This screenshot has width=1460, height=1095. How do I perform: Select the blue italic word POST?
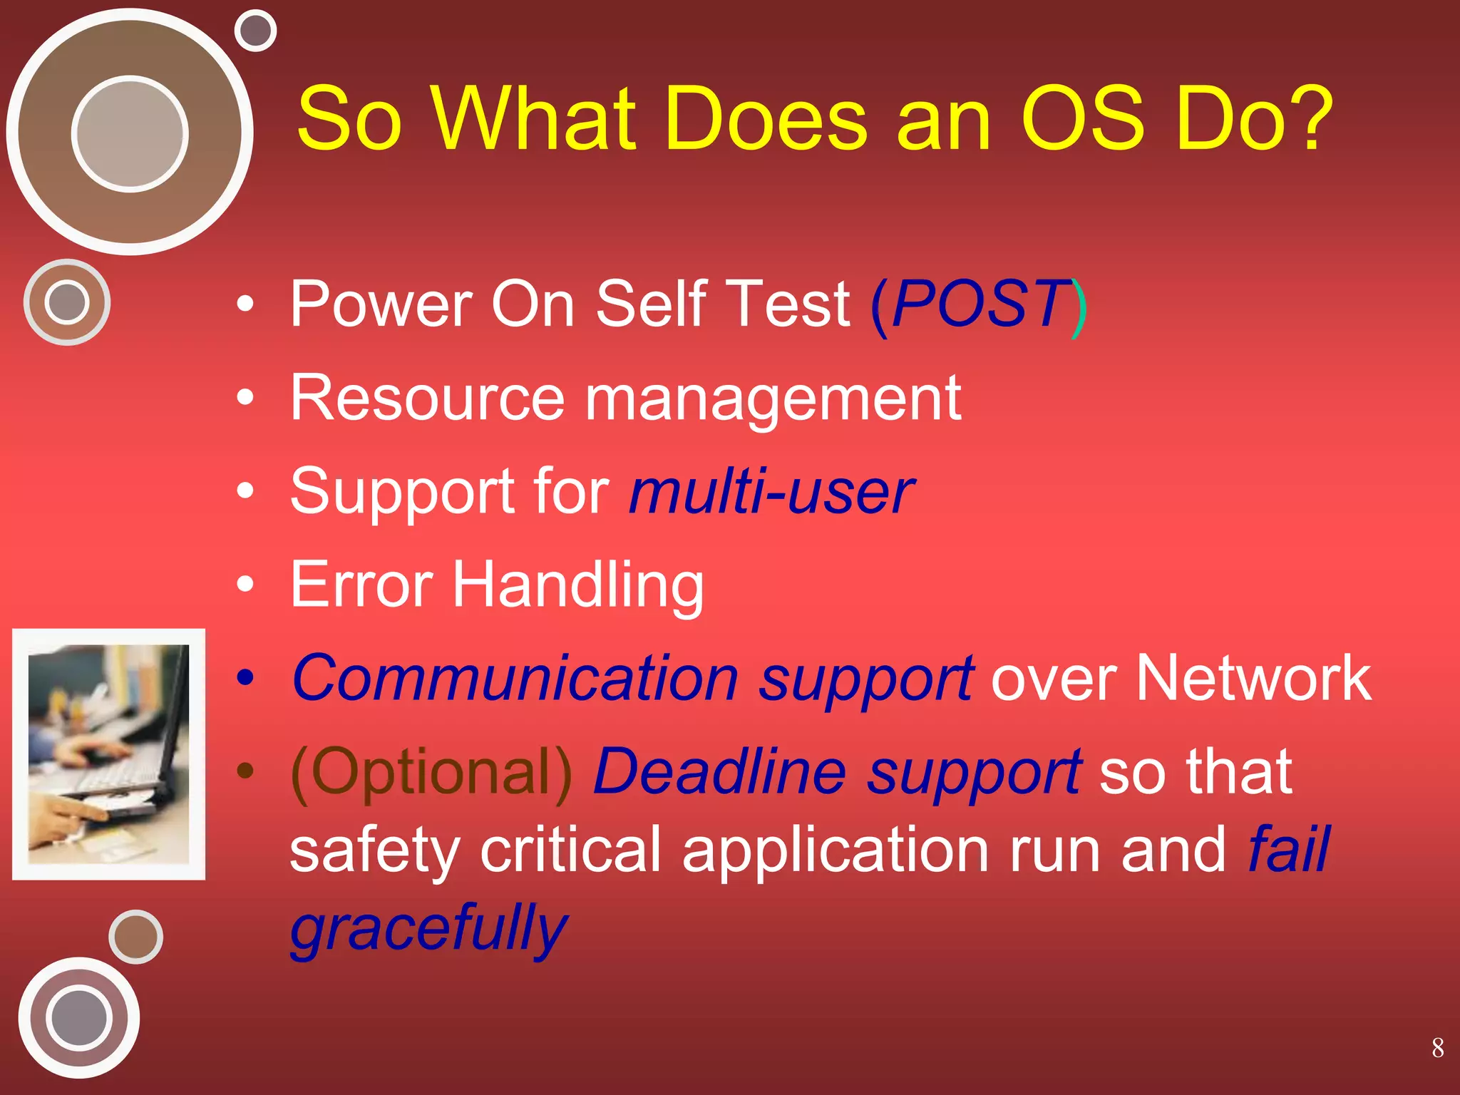pyautogui.click(x=980, y=304)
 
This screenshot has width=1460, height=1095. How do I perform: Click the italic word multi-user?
pyautogui.click(x=771, y=491)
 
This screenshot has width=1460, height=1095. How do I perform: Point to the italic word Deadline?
pyautogui.click(x=720, y=771)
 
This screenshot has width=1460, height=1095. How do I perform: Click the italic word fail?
pyautogui.click(x=1289, y=849)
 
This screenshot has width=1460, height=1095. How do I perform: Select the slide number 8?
pyautogui.click(x=1437, y=1048)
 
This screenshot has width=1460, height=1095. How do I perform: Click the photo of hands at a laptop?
pyautogui.click(x=108, y=754)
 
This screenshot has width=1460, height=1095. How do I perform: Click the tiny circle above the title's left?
pyautogui.click(x=255, y=31)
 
